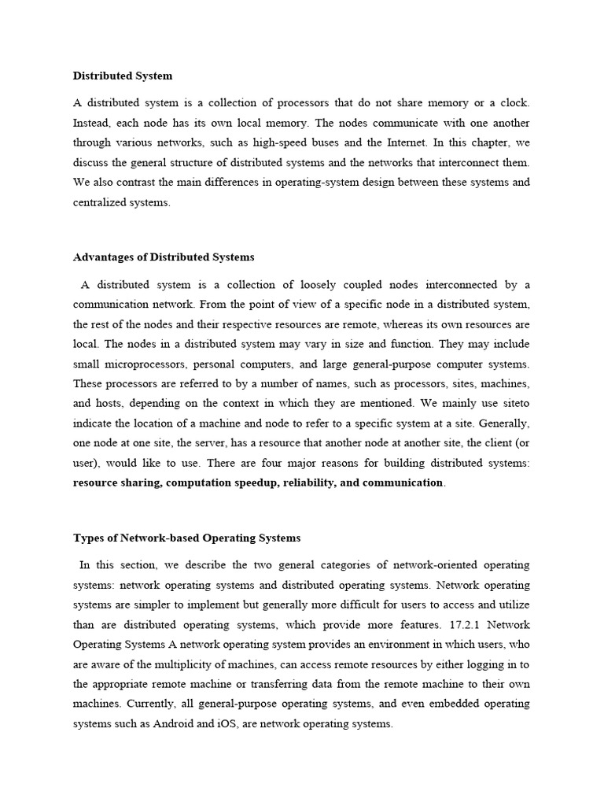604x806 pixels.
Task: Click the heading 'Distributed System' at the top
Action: point(123,76)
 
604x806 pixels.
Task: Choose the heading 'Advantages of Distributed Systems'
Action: point(164,257)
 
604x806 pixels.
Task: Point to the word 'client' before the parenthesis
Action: point(492,442)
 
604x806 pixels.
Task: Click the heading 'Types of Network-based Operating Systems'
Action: point(187,538)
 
